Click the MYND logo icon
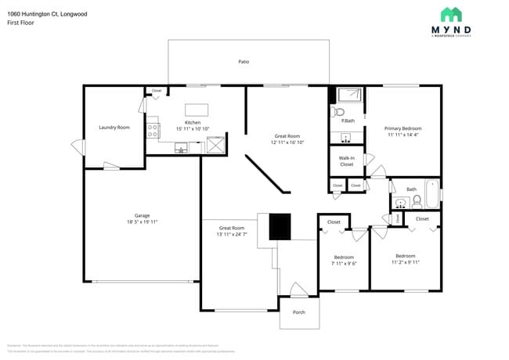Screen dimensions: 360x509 [x=450, y=14]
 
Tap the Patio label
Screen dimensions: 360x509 [x=244, y=61]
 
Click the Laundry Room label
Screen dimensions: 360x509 [x=114, y=127]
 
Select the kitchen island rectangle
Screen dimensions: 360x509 [x=196, y=110]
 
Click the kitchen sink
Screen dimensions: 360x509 [x=181, y=146]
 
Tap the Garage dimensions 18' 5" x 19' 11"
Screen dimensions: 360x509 [x=142, y=222]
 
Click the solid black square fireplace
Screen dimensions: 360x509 [x=280, y=227]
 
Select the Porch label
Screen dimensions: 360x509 [x=298, y=312]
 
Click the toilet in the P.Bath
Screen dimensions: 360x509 [x=339, y=112]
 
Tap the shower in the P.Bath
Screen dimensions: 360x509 [x=350, y=95]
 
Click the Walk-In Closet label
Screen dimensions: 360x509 [x=346, y=161]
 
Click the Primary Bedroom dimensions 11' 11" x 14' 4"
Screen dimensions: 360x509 [x=403, y=135]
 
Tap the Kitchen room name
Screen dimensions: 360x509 [x=193, y=123]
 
